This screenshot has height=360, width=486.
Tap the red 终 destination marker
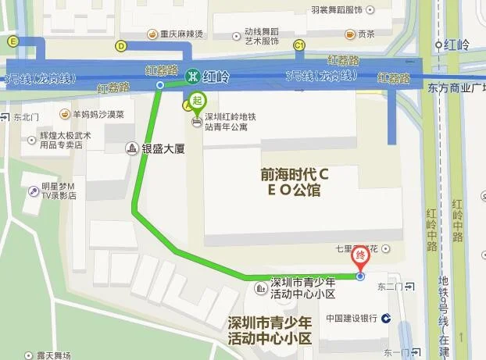[x=361, y=255]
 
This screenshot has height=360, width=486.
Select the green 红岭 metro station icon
[x=191, y=77]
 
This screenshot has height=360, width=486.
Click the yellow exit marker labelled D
[x=121, y=45]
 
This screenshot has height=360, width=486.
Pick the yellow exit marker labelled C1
[x=298, y=46]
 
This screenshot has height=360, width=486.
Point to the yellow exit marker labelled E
[x=12, y=41]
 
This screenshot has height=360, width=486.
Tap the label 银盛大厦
[x=162, y=148]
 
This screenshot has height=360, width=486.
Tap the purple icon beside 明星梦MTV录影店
[x=34, y=191]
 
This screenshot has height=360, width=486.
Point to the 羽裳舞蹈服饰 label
[x=337, y=9]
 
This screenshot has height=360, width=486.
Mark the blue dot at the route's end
[x=360, y=276]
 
